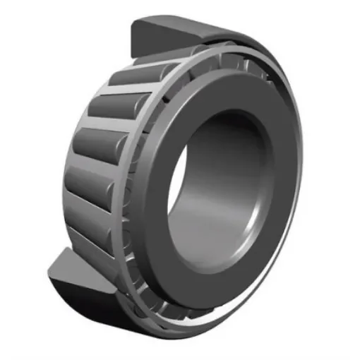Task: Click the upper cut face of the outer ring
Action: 151,38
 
